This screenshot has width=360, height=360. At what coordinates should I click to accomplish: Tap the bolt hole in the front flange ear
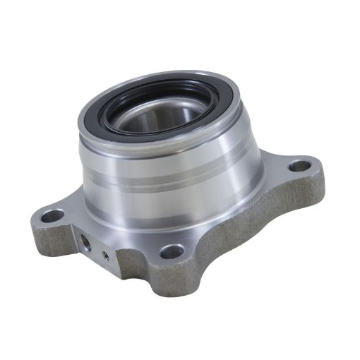[172, 251]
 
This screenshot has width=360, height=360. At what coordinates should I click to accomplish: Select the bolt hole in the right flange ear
[300, 167]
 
